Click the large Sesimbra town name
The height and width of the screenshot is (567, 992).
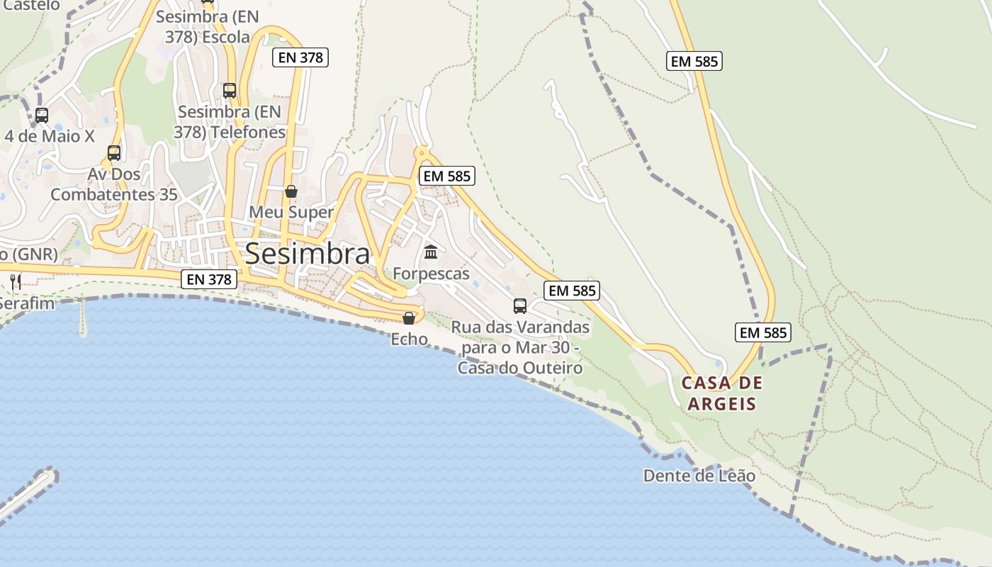pos(307,254)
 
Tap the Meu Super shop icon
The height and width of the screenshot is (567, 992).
pos(291,191)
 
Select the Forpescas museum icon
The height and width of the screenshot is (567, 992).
pos(430,252)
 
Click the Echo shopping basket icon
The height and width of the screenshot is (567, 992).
pos(409,318)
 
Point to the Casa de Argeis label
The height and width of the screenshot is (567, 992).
pos(722,393)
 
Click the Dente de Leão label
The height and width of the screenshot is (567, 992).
pos(699,476)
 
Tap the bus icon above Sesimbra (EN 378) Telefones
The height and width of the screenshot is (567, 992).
pos(230,91)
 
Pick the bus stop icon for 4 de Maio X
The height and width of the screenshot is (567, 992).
pos(42,116)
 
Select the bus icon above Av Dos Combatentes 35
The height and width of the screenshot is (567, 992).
pos(114,153)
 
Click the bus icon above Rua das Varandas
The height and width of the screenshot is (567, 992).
pos(520,306)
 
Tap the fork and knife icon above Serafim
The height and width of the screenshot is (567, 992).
pos(16,282)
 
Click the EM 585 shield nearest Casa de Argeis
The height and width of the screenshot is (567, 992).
pos(762,332)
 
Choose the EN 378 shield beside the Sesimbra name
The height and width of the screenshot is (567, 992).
pos(209,279)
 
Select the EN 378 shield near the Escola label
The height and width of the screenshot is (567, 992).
pos(300,57)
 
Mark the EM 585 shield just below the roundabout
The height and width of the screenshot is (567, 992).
pos(446,176)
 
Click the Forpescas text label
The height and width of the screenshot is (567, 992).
pos(431,274)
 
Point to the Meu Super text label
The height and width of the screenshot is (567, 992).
pos(291,212)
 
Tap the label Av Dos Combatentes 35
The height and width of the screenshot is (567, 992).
pos(114,184)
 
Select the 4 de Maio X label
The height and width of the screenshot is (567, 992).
pos(50,136)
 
